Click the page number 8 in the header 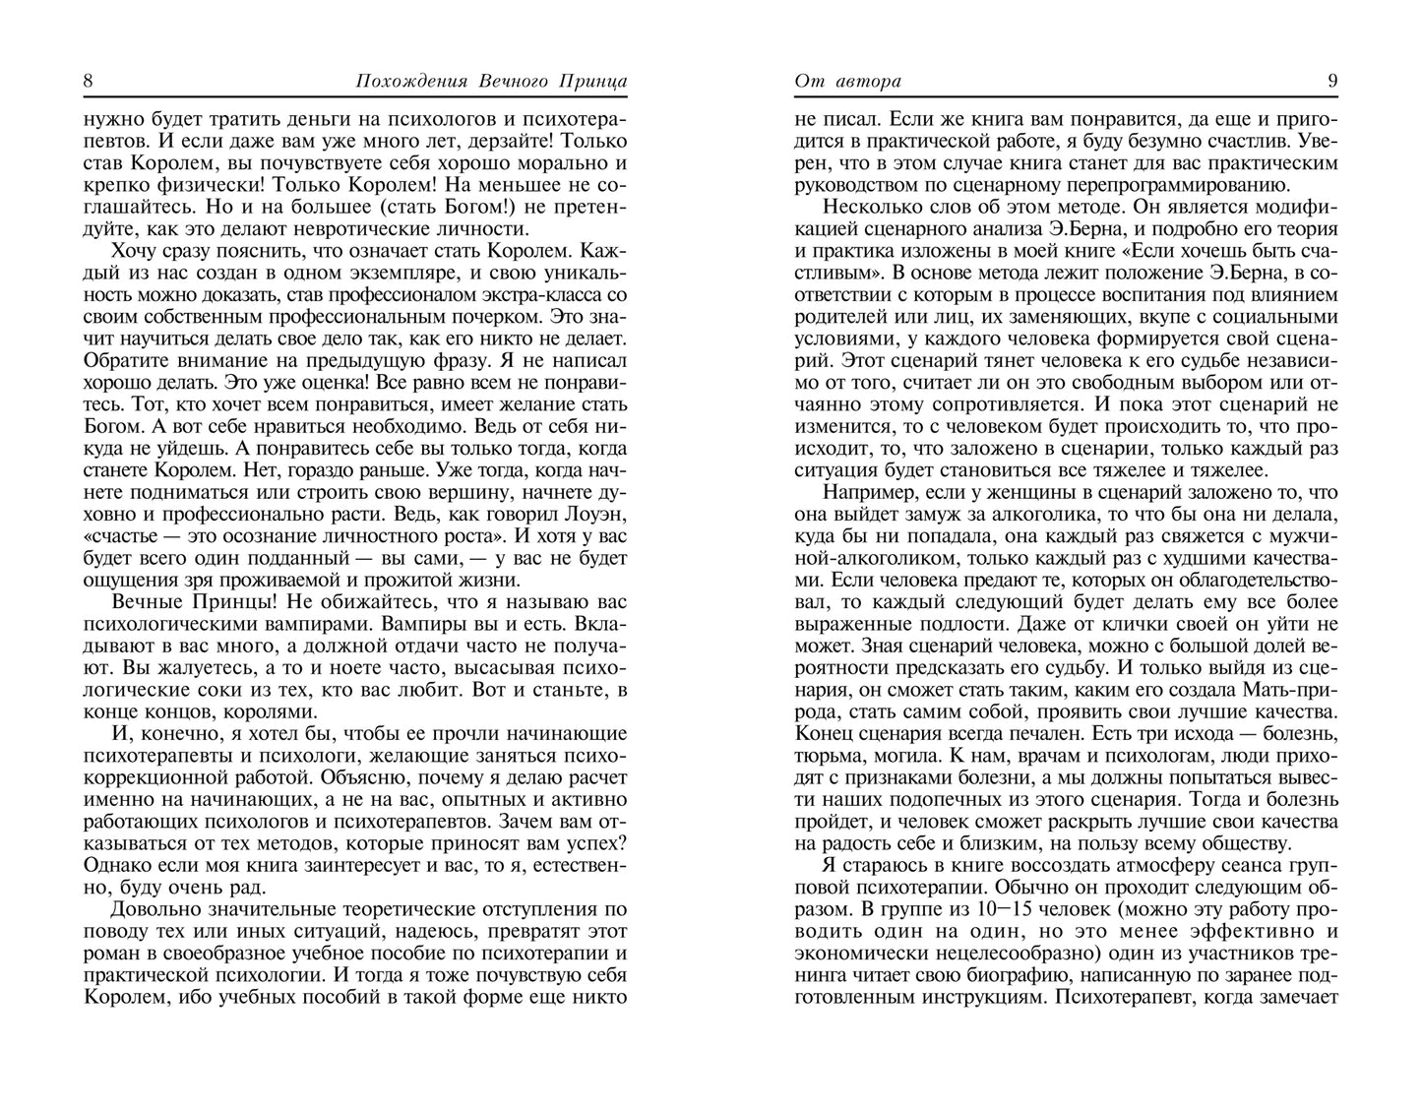pyautogui.click(x=89, y=82)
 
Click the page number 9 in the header pyautogui.click(x=1331, y=82)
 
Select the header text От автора pyautogui.click(x=847, y=82)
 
